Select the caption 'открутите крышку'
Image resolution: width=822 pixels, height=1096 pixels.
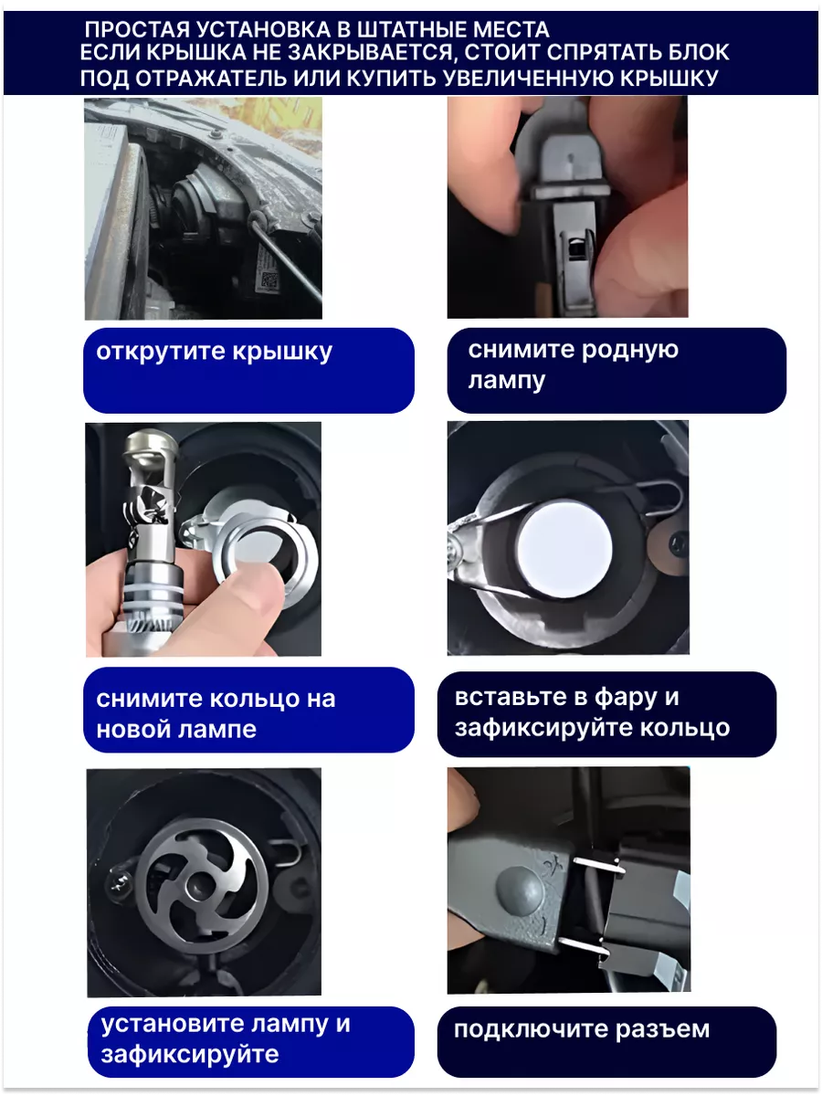[214, 353]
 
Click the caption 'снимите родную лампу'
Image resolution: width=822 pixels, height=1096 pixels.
[573, 365]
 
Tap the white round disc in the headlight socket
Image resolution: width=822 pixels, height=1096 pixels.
[564, 550]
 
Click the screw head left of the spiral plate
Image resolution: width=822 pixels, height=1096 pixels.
[121, 885]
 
